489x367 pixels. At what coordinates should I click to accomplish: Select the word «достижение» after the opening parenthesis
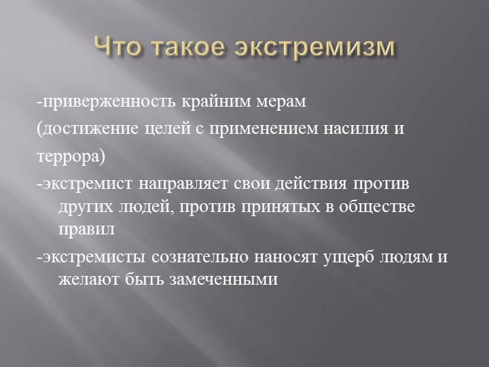(x=79, y=128)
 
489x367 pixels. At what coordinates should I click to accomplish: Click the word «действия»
(x=312, y=184)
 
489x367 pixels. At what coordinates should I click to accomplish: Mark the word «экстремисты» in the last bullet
(x=93, y=258)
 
